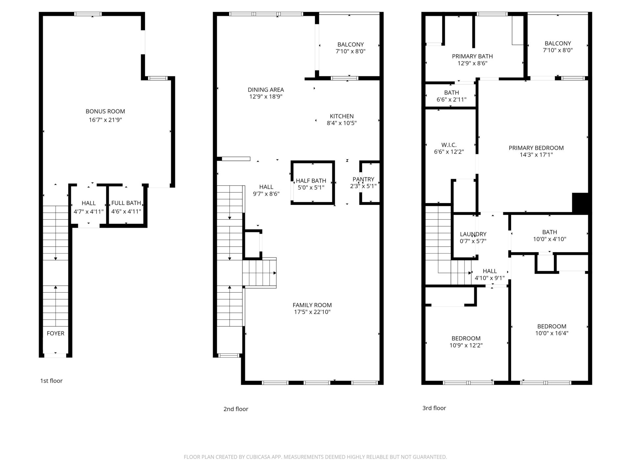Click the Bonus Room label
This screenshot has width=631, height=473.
[x=105, y=111]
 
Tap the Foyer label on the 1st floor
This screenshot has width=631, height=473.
[x=55, y=333]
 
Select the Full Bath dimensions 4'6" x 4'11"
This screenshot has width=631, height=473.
[x=126, y=212]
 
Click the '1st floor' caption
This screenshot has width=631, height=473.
[x=51, y=381]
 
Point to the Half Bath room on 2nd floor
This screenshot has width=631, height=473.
[x=311, y=184]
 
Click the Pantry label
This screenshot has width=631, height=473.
[x=363, y=179]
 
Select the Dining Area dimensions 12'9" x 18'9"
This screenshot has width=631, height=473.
[x=266, y=97]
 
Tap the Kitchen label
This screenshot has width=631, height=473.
[x=342, y=116]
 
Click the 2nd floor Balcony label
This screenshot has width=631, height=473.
[x=350, y=44]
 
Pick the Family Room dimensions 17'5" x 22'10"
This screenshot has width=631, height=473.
[x=312, y=312]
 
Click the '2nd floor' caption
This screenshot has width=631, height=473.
[x=236, y=409]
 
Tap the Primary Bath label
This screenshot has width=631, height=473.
[x=472, y=56]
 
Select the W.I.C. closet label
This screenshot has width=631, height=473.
[x=449, y=145]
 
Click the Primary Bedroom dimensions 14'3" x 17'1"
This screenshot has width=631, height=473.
[x=536, y=155]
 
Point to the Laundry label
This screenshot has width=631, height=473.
[x=473, y=234]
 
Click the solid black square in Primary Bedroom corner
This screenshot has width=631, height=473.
[x=580, y=203]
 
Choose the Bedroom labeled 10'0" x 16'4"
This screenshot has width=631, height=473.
[x=551, y=330]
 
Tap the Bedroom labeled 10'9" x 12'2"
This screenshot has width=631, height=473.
[x=466, y=342]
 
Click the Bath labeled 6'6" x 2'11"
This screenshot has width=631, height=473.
[x=451, y=96]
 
